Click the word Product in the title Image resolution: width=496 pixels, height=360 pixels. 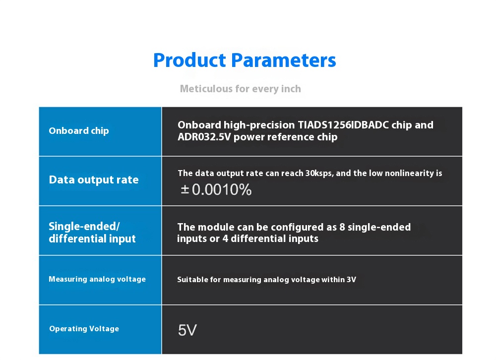189,60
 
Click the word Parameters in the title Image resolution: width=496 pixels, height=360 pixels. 283,60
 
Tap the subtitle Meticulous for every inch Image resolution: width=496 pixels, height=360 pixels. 241,89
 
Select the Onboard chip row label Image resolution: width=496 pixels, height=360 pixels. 79,131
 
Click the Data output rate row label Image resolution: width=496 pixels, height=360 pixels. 94,180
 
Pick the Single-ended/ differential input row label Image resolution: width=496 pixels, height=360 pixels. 92,232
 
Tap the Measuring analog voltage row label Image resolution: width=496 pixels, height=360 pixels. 97,279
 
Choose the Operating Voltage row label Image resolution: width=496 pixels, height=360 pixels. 84,329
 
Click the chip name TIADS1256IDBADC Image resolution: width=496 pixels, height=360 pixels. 343,125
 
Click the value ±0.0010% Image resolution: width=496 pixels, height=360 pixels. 216,190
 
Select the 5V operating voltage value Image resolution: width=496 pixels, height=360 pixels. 187,330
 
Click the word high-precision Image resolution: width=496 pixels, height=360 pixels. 259,125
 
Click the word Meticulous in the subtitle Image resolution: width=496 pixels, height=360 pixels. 206,89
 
